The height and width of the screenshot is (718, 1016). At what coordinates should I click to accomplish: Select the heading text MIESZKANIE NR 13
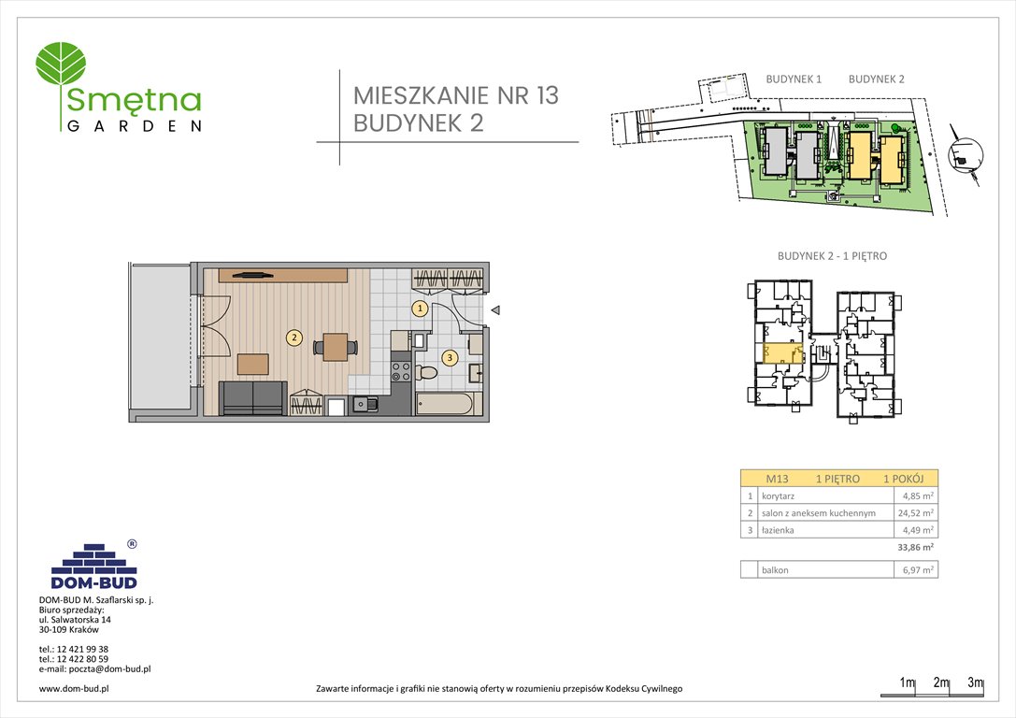coord(455,95)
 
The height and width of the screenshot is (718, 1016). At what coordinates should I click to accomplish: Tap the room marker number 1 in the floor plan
coord(421,308)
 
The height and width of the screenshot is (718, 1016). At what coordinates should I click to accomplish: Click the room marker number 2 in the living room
coord(293,338)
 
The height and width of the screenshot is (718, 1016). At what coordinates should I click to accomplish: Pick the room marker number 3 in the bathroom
coord(450,356)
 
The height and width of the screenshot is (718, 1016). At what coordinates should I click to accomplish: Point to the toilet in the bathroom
coord(428,373)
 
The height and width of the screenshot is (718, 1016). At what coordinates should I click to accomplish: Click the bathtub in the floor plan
coord(447,405)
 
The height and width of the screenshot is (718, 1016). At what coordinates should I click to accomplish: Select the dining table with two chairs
coord(335,347)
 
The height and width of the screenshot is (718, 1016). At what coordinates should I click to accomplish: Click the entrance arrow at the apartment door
coord(496,310)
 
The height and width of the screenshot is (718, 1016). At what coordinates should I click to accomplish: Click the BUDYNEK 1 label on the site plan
coord(793,79)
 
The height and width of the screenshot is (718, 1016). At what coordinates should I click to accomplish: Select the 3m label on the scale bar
coord(975,683)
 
